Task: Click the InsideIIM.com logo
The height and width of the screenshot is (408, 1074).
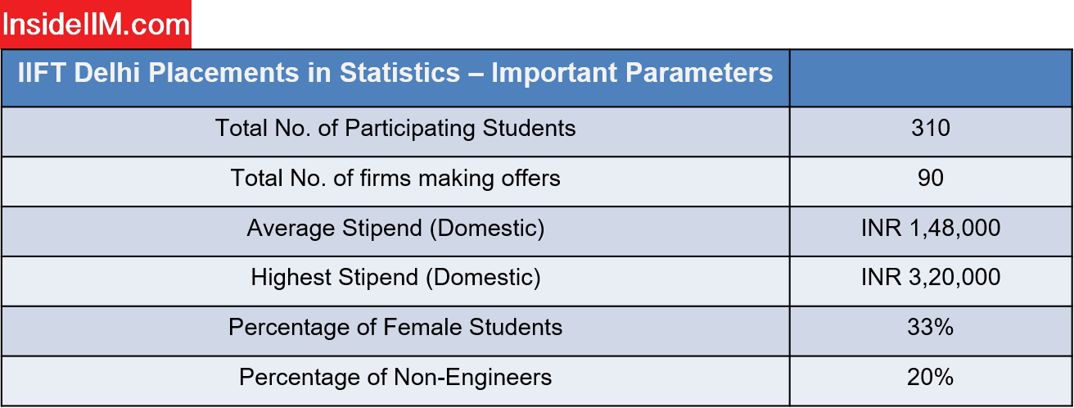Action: click(96, 24)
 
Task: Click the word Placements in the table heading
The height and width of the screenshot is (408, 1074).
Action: click(223, 73)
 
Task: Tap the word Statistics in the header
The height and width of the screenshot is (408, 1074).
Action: click(399, 73)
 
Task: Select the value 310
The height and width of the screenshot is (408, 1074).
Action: click(931, 128)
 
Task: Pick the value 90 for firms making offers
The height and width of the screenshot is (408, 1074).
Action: click(931, 178)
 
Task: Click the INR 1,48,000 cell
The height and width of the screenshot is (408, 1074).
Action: click(931, 228)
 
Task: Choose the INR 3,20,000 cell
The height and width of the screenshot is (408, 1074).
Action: click(931, 278)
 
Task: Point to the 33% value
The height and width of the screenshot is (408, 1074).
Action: click(930, 328)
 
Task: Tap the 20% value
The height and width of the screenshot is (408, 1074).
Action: click(930, 378)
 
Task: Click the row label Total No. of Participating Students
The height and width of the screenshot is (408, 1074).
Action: click(395, 129)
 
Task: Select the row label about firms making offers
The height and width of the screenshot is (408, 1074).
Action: click(395, 179)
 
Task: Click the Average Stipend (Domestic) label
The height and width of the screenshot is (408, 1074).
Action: click(395, 229)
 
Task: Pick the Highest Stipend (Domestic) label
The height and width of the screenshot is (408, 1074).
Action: click(395, 278)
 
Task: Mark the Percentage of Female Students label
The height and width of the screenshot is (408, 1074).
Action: click(395, 328)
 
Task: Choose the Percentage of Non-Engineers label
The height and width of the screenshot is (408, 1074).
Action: click(395, 378)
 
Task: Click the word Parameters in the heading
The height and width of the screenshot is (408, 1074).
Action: click(699, 73)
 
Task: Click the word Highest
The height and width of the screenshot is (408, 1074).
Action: click(291, 278)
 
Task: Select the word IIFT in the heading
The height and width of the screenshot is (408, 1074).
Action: click(41, 73)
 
